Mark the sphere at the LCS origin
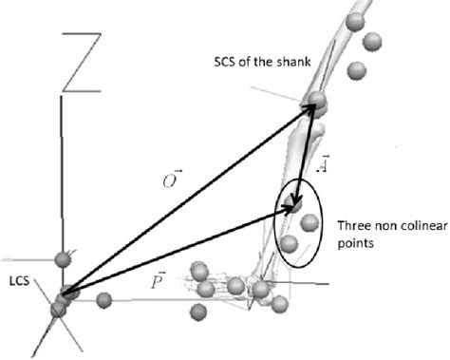pyautogui.click(x=67, y=294)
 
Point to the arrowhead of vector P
pyautogui.click(x=290, y=208)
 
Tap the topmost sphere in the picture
pyautogui.click(x=355, y=22)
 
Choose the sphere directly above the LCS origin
pyautogui.click(x=64, y=259)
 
